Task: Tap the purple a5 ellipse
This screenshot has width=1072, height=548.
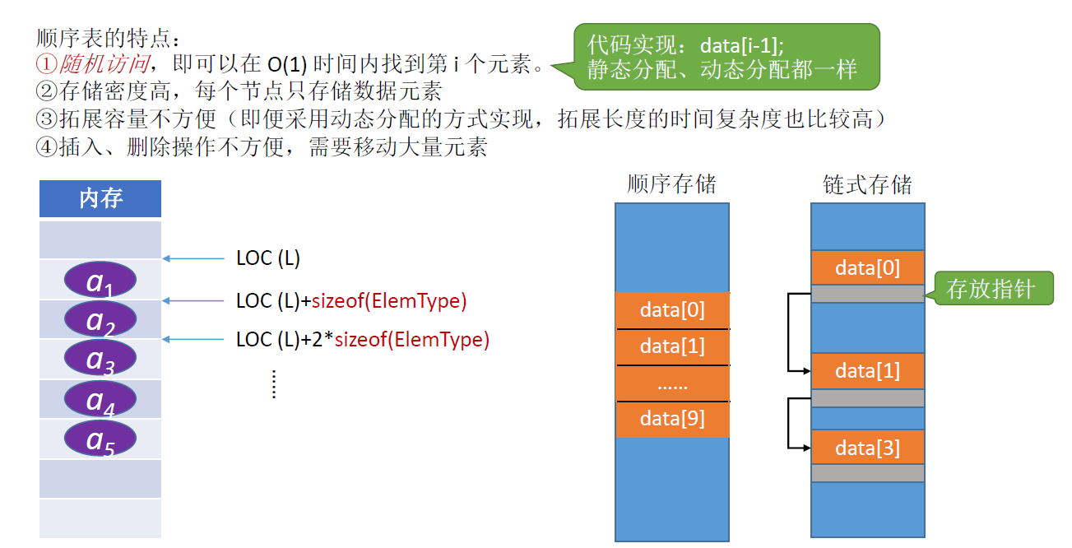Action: click(100, 439)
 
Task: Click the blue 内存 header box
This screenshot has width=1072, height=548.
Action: click(100, 198)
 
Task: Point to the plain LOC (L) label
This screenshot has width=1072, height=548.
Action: click(268, 258)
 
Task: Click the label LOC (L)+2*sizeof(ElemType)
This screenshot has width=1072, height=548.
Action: click(362, 339)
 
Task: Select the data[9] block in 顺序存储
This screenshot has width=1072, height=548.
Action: click(672, 419)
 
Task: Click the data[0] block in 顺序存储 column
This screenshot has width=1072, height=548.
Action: click(672, 310)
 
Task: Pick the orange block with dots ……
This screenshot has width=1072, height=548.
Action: click(672, 383)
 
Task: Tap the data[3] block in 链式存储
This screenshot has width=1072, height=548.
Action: click(867, 448)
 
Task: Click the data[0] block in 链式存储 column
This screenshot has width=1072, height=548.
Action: click(867, 267)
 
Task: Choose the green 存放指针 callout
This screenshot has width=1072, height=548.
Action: click(992, 289)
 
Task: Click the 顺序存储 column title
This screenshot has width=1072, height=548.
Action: click(671, 183)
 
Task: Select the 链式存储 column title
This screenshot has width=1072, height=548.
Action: click(867, 183)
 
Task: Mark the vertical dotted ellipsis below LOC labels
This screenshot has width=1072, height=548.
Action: click(274, 384)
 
